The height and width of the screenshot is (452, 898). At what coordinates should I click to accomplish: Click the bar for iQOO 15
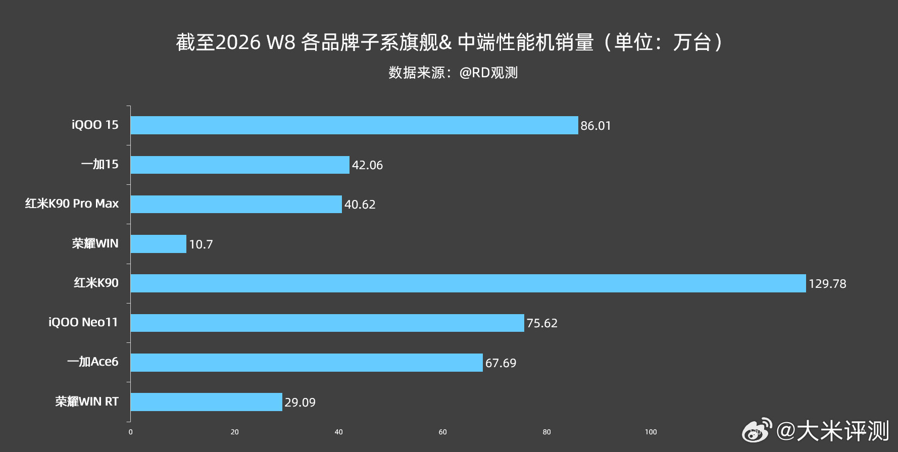click(x=354, y=125)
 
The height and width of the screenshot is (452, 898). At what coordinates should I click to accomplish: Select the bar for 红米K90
click(x=468, y=283)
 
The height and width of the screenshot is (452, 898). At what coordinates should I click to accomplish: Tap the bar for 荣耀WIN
click(x=159, y=244)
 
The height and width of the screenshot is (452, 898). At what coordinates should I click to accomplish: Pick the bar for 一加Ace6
click(x=307, y=363)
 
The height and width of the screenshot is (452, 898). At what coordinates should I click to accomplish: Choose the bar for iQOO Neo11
click(x=327, y=323)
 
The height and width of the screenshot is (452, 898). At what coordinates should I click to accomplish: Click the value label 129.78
click(x=827, y=284)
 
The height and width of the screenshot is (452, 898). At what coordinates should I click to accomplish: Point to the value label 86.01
click(x=595, y=126)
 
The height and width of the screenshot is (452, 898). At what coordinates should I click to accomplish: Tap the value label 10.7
click(x=201, y=244)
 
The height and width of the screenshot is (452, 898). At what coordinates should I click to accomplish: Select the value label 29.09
click(x=300, y=403)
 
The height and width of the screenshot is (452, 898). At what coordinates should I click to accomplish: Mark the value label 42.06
click(x=367, y=165)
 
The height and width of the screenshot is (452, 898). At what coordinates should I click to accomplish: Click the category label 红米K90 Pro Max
click(x=72, y=204)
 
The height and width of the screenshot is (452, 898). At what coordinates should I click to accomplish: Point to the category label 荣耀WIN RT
click(x=87, y=401)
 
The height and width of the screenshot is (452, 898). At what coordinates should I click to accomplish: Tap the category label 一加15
click(x=100, y=164)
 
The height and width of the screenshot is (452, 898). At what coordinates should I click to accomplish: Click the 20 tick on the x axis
click(x=235, y=432)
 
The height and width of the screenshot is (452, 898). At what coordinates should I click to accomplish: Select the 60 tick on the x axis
click(x=443, y=432)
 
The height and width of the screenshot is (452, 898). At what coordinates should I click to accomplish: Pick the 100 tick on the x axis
click(x=651, y=432)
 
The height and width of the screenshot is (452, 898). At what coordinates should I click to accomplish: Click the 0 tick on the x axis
click(x=131, y=432)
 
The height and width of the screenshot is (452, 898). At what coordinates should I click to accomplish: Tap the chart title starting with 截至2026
click(x=449, y=42)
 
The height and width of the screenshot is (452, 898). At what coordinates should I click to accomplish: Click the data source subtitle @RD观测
click(x=453, y=73)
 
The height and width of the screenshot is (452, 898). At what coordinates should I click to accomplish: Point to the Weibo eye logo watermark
click(x=757, y=430)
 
